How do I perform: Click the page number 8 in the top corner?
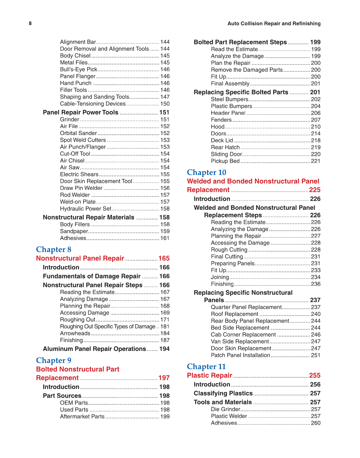[x=30, y=24]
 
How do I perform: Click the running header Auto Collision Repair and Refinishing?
[x=274, y=24]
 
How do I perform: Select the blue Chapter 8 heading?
[x=54, y=249]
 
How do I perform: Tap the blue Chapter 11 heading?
[x=206, y=367]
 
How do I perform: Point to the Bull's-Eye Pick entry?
[x=78, y=69]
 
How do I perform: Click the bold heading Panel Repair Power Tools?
[x=80, y=112]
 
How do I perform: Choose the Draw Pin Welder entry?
[x=81, y=188]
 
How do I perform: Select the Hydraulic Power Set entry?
[x=86, y=209]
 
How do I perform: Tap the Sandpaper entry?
[x=74, y=231]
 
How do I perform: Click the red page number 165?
[x=164, y=259]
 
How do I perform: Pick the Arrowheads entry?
[x=75, y=333]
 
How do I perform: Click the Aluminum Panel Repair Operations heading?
[x=94, y=349]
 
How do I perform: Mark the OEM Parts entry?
[x=74, y=403]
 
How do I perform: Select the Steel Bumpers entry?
[x=229, y=99]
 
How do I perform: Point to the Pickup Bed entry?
[x=225, y=161]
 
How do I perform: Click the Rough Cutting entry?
[x=229, y=250]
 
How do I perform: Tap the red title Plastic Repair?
[x=209, y=376]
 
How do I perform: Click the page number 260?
[x=316, y=423]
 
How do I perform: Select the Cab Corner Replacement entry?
[x=243, y=335]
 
